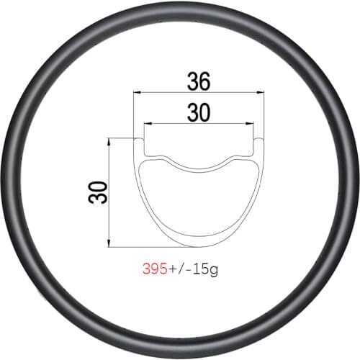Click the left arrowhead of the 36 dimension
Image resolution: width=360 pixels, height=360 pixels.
137,92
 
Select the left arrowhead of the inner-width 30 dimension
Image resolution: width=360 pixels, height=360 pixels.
146,123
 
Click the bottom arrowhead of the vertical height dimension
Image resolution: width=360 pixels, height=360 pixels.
108,244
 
